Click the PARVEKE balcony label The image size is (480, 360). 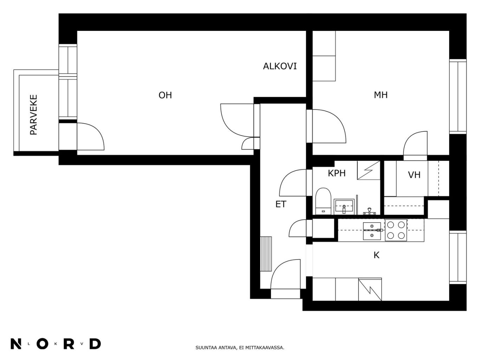(33, 114)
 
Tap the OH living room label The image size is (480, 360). (165, 95)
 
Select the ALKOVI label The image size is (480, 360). (280, 66)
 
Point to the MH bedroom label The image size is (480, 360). (381, 95)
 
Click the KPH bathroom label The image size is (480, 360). (337, 174)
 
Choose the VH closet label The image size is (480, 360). (414, 175)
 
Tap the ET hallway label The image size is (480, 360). (281, 204)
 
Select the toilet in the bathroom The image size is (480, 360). (323, 201)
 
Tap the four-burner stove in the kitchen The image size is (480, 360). (396, 230)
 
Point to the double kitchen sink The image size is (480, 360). (372, 231)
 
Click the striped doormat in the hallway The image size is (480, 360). (266, 254)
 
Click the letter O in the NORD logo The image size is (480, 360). (43, 344)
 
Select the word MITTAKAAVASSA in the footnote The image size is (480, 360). (264, 348)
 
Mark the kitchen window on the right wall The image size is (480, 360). (458, 257)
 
